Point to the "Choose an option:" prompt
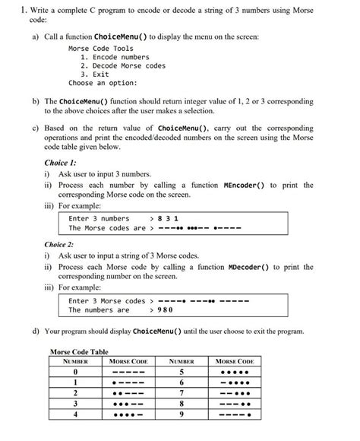103,84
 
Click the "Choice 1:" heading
62,162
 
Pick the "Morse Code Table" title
78,351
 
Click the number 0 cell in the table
76,372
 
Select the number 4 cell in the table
76,414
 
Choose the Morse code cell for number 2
129,393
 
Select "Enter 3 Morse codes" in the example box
106,300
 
